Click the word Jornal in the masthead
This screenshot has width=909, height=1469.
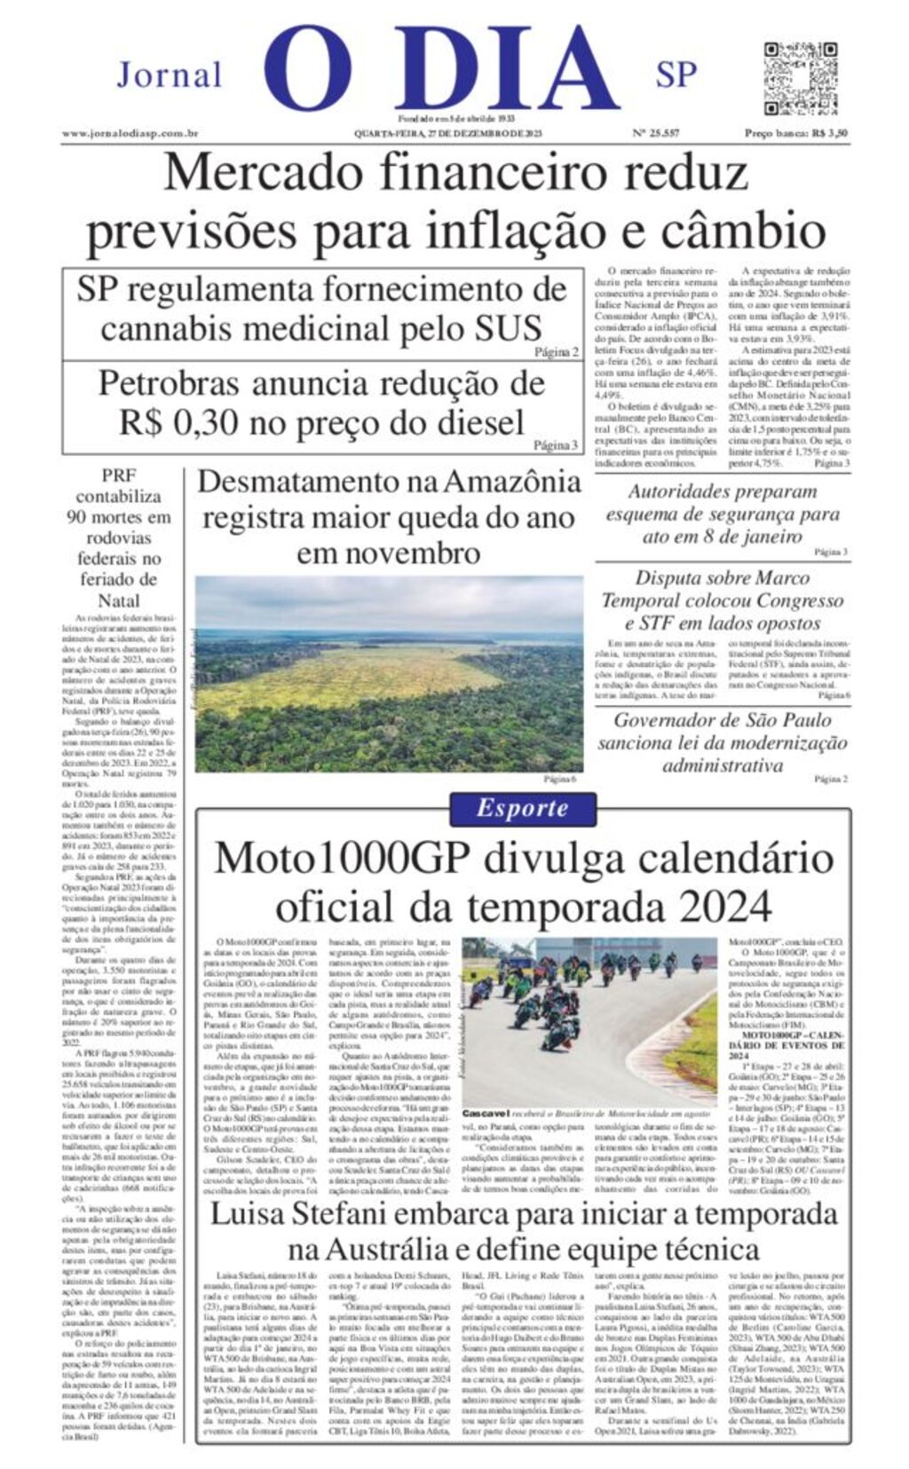[x=170, y=75]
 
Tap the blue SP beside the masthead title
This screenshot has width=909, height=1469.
[x=676, y=75]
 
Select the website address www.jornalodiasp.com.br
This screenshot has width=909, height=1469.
[x=130, y=133]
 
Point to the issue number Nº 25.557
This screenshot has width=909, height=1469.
[x=655, y=133]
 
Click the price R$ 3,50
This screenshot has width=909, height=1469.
[x=829, y=133]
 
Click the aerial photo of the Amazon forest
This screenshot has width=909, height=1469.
[x=389, y=674]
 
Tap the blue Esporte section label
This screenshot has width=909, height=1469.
[x=522, y=808]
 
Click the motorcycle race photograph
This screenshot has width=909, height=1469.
[x=589, y=1020]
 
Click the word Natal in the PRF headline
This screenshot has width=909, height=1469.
[x=119, y=600]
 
